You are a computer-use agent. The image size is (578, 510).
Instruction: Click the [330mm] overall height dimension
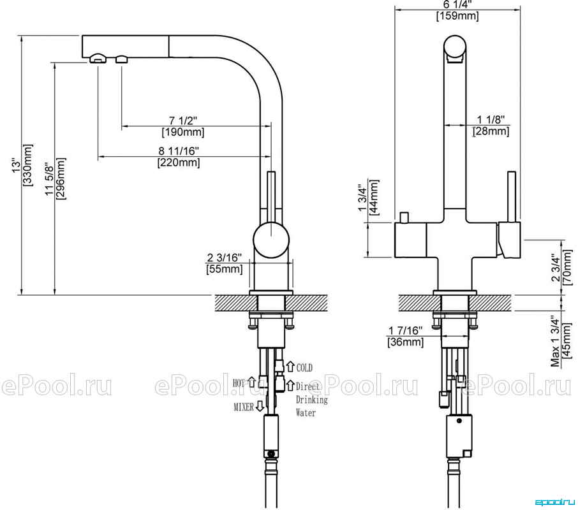coord(28,165)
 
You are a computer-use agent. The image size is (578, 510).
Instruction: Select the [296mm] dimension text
coord(61,178)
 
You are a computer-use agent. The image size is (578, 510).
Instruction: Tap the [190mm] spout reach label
coord(183,132)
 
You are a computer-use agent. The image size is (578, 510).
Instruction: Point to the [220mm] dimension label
coord(179,163)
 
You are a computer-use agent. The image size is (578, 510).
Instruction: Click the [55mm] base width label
coord(225,269)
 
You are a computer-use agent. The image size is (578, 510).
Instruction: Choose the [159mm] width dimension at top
coord(457,16)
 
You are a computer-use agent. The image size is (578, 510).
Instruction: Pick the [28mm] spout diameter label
coord(491,131)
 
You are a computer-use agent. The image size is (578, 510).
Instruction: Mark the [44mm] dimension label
coord(374,198)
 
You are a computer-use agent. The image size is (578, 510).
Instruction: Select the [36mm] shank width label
coord(406,342)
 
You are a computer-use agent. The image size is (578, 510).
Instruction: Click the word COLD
coord(304,367)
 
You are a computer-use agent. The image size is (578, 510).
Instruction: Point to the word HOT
coord(239,383)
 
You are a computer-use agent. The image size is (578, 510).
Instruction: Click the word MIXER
coord(244,407)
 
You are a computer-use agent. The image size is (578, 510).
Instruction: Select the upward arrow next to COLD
coord(290,367)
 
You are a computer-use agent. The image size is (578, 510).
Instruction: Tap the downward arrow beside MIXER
coord(260,406)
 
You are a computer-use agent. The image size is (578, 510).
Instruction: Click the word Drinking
coord(311,400)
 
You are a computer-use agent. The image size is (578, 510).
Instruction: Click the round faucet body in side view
coord(271,240)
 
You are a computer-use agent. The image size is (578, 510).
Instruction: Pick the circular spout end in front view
coord(455,47)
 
